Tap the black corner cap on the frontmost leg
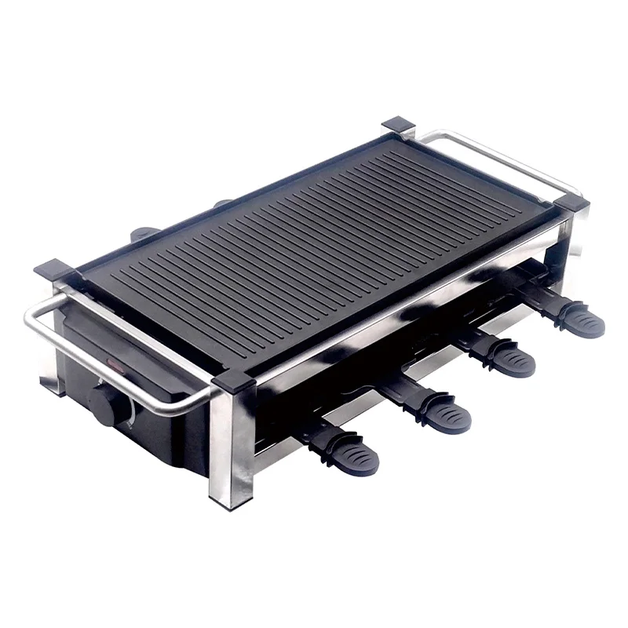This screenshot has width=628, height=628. pos(230,382)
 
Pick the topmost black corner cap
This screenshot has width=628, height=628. pos(400,126)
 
